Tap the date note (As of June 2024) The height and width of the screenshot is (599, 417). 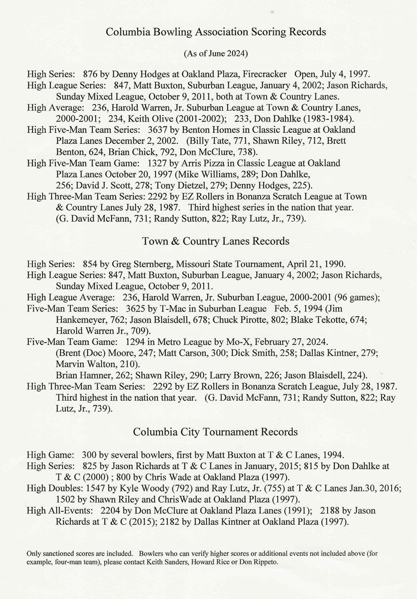pos(208,53)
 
